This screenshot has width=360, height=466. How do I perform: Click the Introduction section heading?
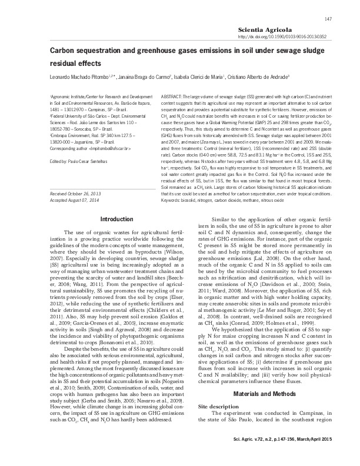(118, 219)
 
